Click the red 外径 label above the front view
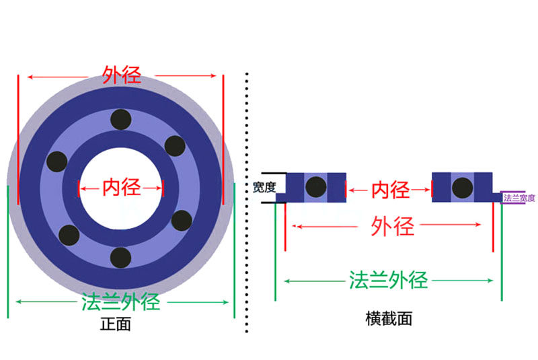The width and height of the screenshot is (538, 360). [x=122, y=74]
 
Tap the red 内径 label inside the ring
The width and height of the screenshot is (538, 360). [x=121, y=188]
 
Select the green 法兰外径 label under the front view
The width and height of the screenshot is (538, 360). [x=121, y=300]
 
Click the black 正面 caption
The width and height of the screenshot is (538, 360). [x=115, y=324]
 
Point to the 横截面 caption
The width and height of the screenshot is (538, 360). [x=389, y=318]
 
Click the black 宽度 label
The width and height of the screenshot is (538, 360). [x=264, y=188]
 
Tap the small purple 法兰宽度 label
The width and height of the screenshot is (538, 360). [x=519, y=198]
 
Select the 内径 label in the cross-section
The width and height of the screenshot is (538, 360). [x=390, y=190]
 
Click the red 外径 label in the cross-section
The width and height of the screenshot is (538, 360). [x=392, y=227]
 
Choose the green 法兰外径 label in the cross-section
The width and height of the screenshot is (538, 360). [x=389, y=279]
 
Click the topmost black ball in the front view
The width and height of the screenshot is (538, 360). [x=121, y=119]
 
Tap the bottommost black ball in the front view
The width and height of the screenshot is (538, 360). [x=120, y=257]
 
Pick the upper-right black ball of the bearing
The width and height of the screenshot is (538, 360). [x=175, y=145]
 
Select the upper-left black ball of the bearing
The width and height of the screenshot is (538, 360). [x=57, y=161]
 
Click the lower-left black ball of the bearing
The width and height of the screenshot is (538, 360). [x=69, y=235]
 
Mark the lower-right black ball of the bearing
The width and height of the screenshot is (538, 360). [x=182, y=220]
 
